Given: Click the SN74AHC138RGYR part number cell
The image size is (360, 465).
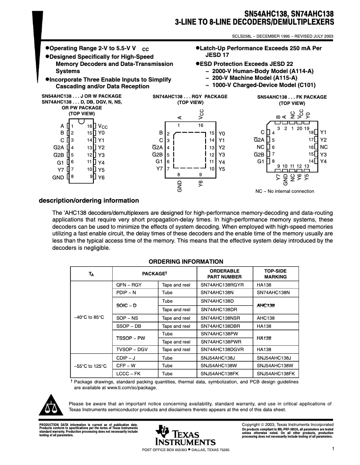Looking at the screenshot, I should [x=222, y=285].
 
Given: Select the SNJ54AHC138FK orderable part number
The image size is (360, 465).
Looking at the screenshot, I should [x=220, y=374].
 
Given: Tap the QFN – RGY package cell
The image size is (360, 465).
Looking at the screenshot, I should [x=129, y=285].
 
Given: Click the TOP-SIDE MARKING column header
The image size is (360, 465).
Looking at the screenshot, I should [x=275, y=274].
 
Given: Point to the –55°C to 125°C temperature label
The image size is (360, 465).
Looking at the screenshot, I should [x=90, y=366].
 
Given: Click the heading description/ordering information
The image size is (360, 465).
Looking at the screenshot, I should [x=89, y=200].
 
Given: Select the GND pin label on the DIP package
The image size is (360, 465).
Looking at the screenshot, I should [x=58, y=177].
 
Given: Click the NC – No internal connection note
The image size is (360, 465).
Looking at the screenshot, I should [x=285, y=191].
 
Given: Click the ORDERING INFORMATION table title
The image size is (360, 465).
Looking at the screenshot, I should [x=186, y=262].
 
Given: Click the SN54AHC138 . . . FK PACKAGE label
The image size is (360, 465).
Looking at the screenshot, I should [x=292, y=97].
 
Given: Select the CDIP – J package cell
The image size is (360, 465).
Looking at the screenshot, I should [x=126, y=358].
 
